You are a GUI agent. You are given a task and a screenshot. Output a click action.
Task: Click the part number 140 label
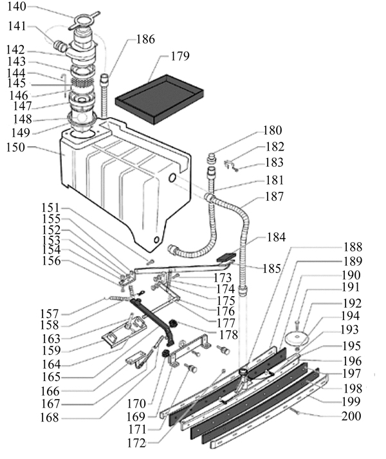click(x=16, y=6)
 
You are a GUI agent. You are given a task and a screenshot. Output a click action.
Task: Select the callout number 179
click(x=180, y=56)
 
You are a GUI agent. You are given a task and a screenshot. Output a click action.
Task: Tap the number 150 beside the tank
click(x=15, y=147)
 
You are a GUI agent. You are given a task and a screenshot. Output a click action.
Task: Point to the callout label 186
click(x=145, y=39)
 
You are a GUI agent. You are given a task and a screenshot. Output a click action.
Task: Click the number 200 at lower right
click(x=351, y=416)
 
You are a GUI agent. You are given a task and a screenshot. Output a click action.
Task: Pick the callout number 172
click(x=136, y=443)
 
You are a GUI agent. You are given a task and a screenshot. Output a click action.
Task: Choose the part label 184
click(x=276, y=237)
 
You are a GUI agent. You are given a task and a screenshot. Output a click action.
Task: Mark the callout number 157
click(x=50, y=314)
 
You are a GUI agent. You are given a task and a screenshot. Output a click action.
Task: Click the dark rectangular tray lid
click(x=159, y=99)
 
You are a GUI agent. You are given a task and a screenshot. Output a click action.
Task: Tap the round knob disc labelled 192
click(x=297, y=338)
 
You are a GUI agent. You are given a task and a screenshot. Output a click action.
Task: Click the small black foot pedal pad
click(x=226, y=258)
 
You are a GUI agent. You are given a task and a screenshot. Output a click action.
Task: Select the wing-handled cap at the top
click(x=84, y=21)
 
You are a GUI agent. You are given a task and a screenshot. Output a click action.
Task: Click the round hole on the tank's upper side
click(x=172, y=178)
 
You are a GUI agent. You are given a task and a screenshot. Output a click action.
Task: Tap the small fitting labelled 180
click(x=211, y=158)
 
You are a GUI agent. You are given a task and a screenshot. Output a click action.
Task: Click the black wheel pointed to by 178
click(x=174, y=324)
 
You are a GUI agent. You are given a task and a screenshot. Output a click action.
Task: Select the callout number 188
click(x=353, y=247)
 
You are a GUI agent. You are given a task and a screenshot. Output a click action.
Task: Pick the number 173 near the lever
click(x=223, y=277)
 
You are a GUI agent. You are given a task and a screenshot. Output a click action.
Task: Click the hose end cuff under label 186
click(x=104, y=79)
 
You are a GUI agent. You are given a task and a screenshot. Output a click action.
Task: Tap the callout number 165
click(x=51, y=377)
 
